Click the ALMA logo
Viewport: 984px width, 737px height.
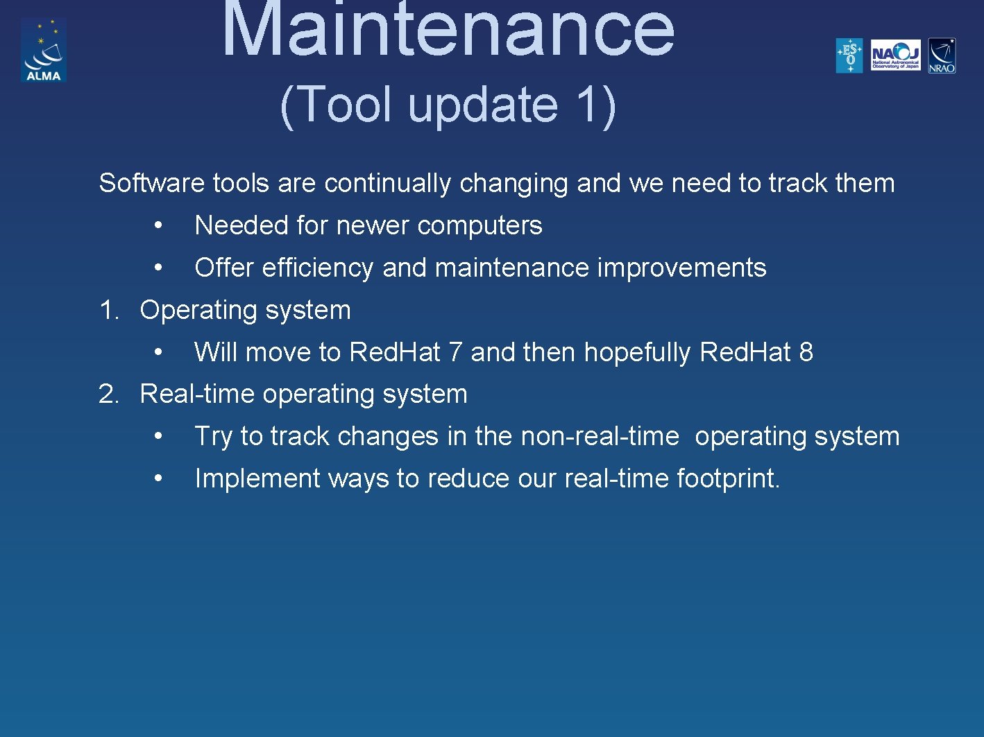43,50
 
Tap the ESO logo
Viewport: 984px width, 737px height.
849,55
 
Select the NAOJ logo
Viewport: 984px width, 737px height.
895,55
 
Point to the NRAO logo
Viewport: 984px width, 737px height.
942,55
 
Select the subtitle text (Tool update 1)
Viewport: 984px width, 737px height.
448,105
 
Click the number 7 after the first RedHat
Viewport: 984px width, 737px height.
455,352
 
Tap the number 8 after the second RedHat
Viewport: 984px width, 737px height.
806,352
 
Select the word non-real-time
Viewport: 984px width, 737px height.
600,437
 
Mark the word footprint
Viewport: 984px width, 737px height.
727,479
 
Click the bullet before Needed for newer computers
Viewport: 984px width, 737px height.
159,226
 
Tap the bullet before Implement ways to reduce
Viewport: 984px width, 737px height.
159,479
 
